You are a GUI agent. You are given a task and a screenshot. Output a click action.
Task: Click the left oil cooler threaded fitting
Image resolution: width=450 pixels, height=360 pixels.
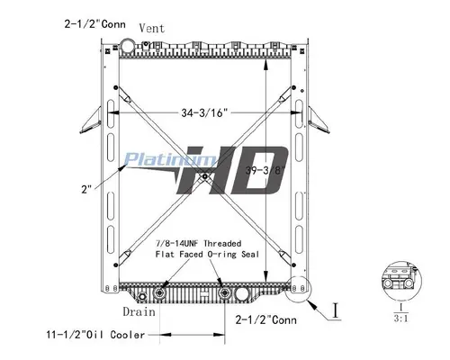point(159,293)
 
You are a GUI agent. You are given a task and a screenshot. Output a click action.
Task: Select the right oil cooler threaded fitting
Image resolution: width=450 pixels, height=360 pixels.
point(221,293)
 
